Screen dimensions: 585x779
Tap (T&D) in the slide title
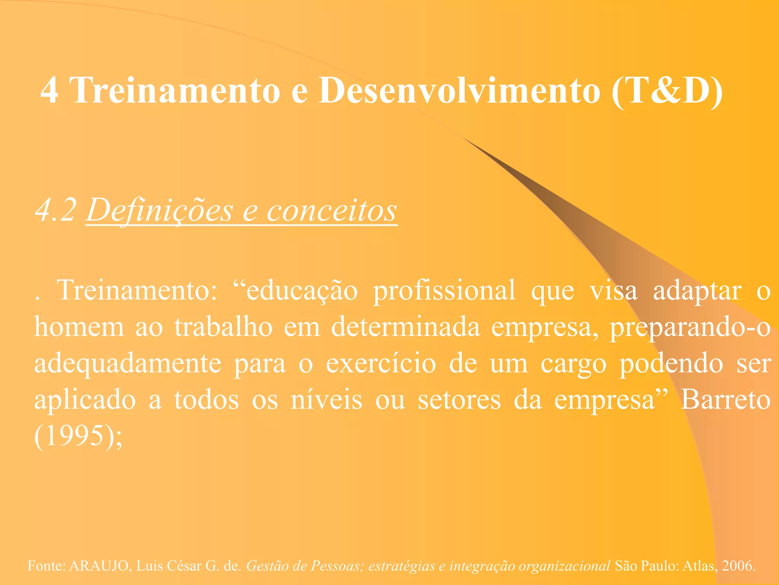[x=668, y=91]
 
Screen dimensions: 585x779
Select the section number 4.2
[x=56, y=210]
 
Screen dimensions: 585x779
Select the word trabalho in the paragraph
[x=223, y=327]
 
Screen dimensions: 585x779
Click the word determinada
[x=405, y=327]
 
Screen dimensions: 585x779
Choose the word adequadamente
[x=128, y=364]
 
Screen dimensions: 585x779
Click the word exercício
[x=381, y=363]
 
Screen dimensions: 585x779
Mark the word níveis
[x=326, y=400]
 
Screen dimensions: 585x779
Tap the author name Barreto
[x=725, y=400]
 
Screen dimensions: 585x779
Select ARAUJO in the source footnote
[x=99, y=566]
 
